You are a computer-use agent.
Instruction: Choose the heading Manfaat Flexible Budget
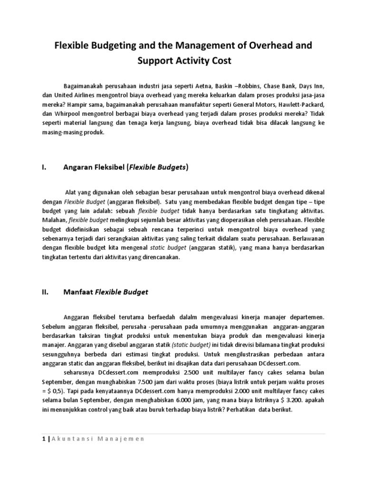(x=106, y=292)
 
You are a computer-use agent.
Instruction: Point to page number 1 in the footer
(x=42, y=439)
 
